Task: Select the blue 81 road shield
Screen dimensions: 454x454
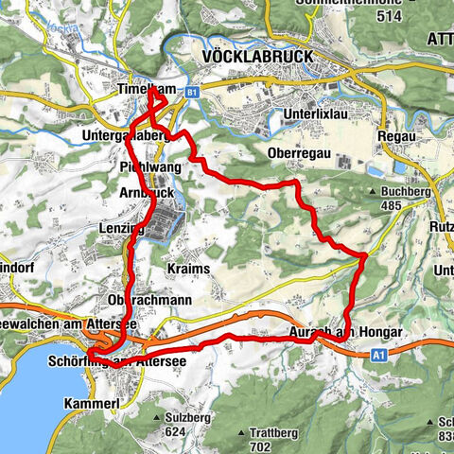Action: (x=192, y=92)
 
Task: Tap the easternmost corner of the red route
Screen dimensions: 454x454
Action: (x=366, y=254)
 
